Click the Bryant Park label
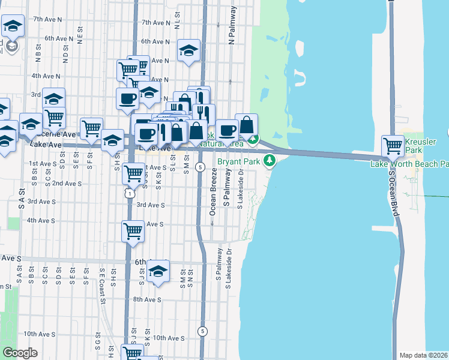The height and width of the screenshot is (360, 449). tap(238, 161)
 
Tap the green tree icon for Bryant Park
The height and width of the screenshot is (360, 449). tap(270, 161)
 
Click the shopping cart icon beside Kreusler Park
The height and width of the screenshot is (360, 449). tap(393, 145)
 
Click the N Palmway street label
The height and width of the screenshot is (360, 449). tap(231, 28)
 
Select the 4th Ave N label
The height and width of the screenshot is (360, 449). tap(46, 76)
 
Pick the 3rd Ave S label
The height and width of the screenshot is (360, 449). tap(150, 205)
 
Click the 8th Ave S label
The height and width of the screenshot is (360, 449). tap(147, 299)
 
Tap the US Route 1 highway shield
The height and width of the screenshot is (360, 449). tap(128, 193)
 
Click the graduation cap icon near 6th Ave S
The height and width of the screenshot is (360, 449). tap(158, 272)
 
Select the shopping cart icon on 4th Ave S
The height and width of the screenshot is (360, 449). tap(133, 231)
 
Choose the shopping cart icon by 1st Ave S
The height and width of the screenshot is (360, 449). tap(133, 174)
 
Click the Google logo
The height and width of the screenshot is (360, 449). tap(20, 353)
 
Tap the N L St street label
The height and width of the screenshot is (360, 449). tap(177, 22)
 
